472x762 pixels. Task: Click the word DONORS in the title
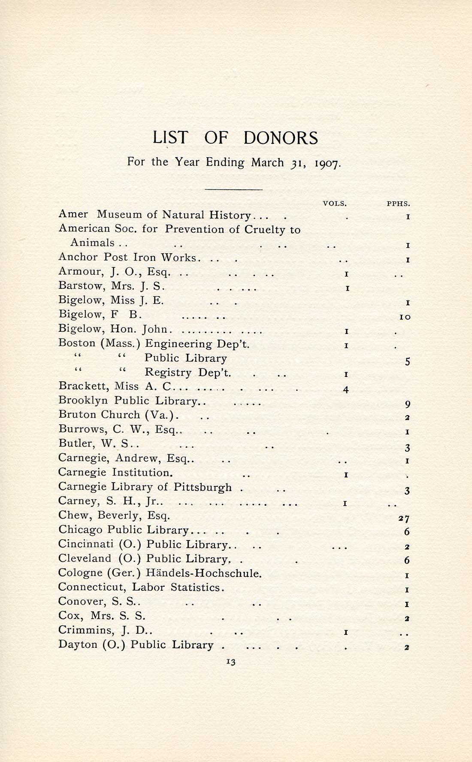pyautogui.click(x=281, y=138)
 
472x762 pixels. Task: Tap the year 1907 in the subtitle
pyautogui.click(x=328, y=164)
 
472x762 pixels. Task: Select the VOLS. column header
pyautogui.click(x=334, y=203)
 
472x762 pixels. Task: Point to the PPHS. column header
pyautogui.click(x=399, y=204)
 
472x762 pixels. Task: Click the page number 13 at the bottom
pyautogui.click(x=230, y=674)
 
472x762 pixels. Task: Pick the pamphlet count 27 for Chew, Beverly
pyautogui.click(x=404, y=518)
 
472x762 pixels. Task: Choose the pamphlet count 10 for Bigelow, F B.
pyautogui.click(x=405, y=317)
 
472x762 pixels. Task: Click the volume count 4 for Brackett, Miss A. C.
pyautogui.click(x=346, y=389)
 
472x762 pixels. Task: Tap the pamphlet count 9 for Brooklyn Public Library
pyautogui.click(x=407, y=404)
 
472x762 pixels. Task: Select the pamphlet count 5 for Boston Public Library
pyautogui.click(x=407, y=361)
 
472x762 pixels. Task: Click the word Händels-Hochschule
pyautogui.click(x=204, y=573)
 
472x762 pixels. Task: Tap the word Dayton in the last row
pyautogui.click(x=79, y=645)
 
